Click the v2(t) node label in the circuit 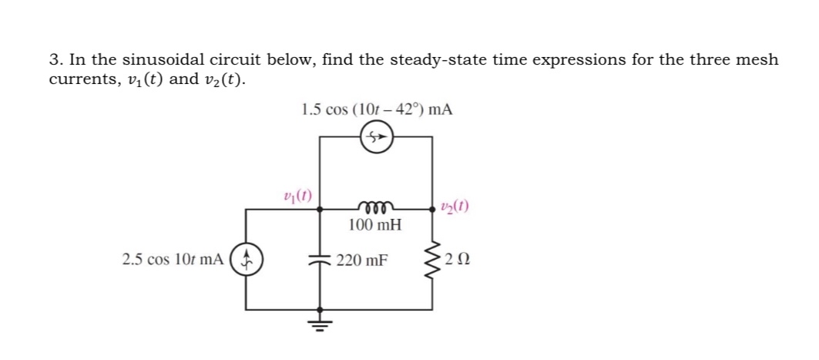coord(456,206)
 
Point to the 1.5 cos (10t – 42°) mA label coord(377,109)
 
